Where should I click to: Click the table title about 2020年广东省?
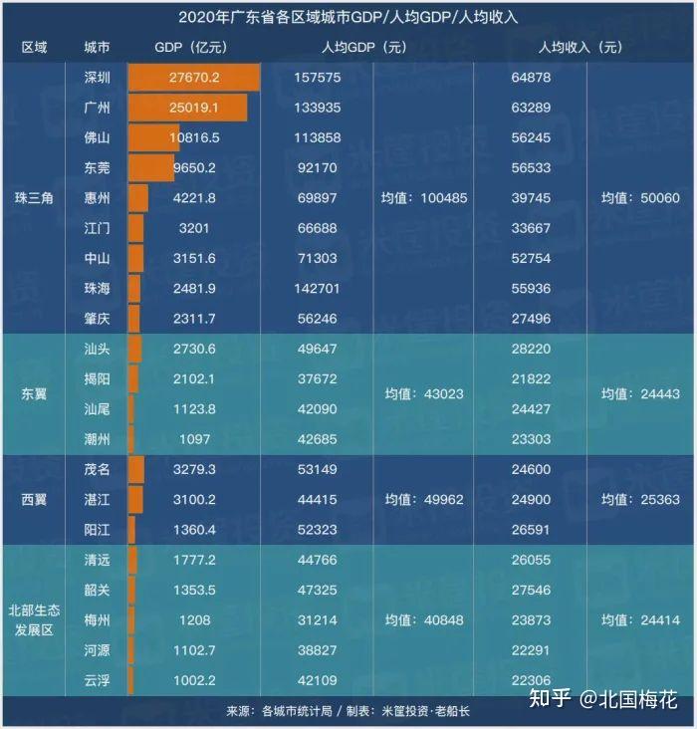[348, 18]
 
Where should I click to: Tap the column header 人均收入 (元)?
[580, 48]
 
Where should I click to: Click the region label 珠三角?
[34, 198]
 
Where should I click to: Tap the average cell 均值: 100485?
[424, 198]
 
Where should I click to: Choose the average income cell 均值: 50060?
[640, 198]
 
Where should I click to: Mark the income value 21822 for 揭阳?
[531, 379]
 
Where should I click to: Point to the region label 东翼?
[34, 394]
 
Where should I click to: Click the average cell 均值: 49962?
[424, 500]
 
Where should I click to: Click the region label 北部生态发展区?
[34, 619]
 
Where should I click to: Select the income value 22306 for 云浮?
[531, 681]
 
